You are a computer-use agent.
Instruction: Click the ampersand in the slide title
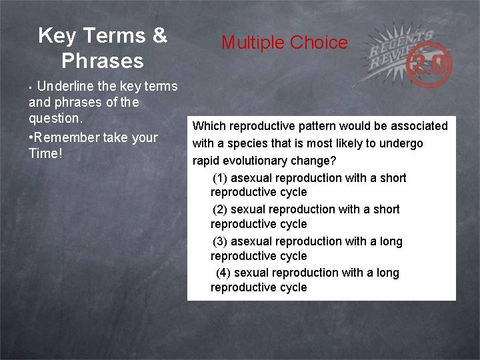[x=159, y=35]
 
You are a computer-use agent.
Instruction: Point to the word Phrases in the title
[x=103, y=61]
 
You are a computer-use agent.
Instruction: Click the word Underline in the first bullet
[x=65, y=86]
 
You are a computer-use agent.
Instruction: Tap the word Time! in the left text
[x=45, y=153]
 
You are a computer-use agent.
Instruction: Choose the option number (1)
[x=220, y=178]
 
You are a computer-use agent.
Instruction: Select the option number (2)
[x=220, y=209]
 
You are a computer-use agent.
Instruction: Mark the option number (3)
[x=220, y=241]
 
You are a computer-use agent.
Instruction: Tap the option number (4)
[x=223, y=273]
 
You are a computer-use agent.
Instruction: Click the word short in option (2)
[x=386, y=209]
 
